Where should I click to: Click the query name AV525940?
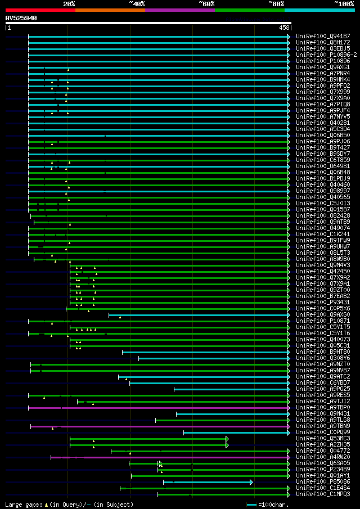tap(21, 18)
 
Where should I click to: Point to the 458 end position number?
tap(284, 28)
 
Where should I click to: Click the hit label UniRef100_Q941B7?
tap(323, 36)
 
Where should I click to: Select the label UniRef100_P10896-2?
tap(326, 55)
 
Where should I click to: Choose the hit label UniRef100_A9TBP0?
tap(323, 408)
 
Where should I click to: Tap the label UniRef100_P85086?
tap(323, 482)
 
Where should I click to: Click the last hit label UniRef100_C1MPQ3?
tap(323, 494)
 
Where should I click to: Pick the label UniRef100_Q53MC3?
tap(323, 439)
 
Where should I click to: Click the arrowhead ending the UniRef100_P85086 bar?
tap(251, 482)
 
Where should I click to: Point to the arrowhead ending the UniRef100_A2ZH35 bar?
tap(227, 445)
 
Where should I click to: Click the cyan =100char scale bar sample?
tap(251, 505)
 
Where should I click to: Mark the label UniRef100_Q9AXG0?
tap(323, 315)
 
